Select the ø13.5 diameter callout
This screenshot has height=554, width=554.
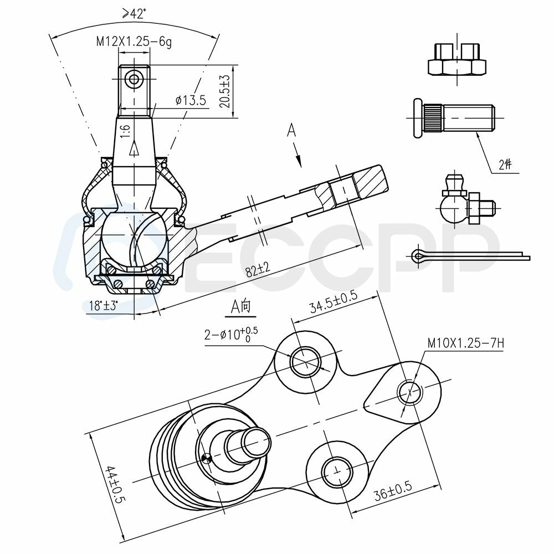[x=190, y=100]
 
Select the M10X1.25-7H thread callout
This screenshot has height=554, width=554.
[x=465, y=343]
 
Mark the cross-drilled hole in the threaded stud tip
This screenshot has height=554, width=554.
[x=134, y=79]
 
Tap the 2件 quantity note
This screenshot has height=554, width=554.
[x=505, y=165]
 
